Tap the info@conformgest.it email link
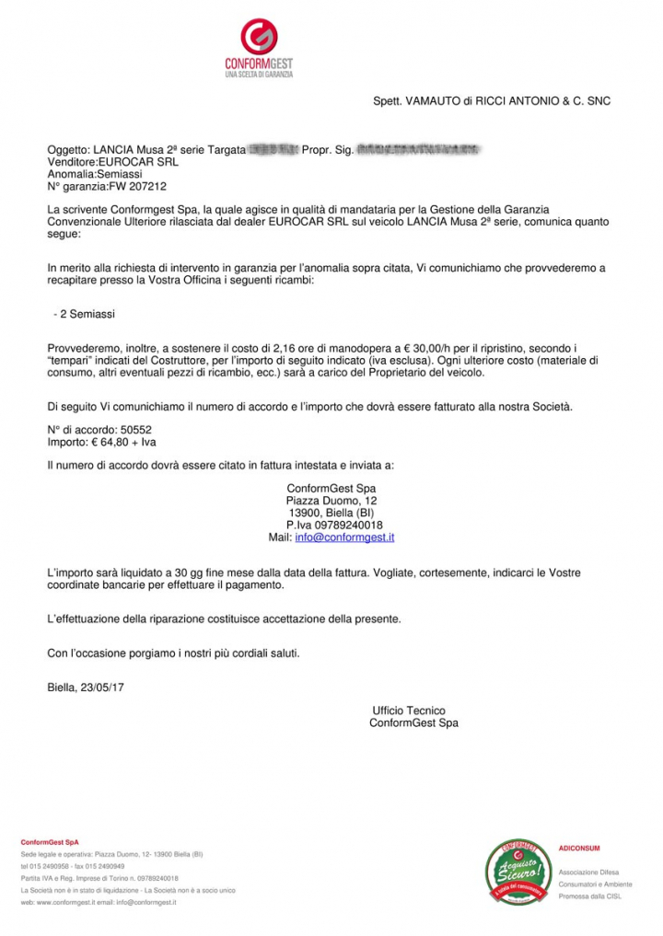click(x=344, y=537)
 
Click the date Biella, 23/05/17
click(x=87, y=686)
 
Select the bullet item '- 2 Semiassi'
click(x=84, y=314)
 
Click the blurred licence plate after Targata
click(x=273, y=148)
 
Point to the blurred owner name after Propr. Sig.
click(x=419, y=148)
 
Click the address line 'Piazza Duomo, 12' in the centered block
click(x=331, y=501)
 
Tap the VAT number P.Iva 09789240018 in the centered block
click(x=334, y=525)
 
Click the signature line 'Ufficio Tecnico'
click(x=409, y=711)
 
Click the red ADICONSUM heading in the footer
click(x=579, y=848)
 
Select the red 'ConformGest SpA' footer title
click(x=50, y=841)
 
